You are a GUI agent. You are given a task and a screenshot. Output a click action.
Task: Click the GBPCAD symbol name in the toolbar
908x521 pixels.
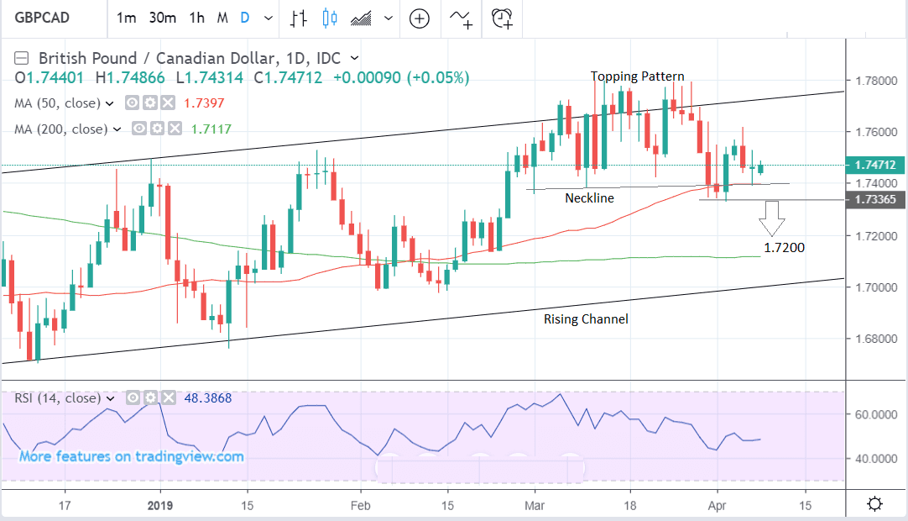(41, 17)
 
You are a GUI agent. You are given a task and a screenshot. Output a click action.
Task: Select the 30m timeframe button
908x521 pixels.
(162, 17)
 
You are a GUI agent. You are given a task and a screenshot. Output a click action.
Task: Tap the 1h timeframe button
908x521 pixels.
(196, 17)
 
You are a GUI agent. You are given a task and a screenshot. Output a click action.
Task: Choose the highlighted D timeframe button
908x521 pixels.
(245, 17)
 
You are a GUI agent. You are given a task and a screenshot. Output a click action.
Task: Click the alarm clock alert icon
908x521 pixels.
(502, 17)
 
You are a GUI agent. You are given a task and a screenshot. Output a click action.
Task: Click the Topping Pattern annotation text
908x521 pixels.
(638, 76)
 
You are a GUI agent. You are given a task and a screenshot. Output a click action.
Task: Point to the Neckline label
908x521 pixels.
(589, 198)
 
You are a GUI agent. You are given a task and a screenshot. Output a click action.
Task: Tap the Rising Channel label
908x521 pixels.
(586, 319)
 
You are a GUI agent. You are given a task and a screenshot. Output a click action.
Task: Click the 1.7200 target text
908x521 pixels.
(784, 248)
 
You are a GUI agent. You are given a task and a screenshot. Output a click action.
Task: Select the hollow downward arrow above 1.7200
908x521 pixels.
(771, 221)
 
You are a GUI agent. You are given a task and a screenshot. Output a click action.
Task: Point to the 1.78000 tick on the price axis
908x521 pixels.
(873, 81)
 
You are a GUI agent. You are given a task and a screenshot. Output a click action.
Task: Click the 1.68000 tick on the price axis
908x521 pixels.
(873, 339)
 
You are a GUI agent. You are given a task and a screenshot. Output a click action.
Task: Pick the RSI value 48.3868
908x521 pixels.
(212, 397)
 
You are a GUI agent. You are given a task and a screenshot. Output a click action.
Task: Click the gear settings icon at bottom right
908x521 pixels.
(874, 504)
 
